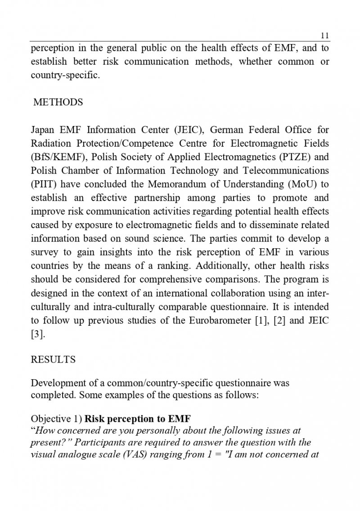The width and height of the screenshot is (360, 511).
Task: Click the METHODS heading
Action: point(58,102)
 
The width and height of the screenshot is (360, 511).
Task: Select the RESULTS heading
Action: point(53,360)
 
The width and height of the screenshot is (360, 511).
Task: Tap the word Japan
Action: point(42,130)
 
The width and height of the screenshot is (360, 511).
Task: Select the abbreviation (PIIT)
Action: point(44,184)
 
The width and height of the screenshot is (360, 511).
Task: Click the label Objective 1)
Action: point(56,419)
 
